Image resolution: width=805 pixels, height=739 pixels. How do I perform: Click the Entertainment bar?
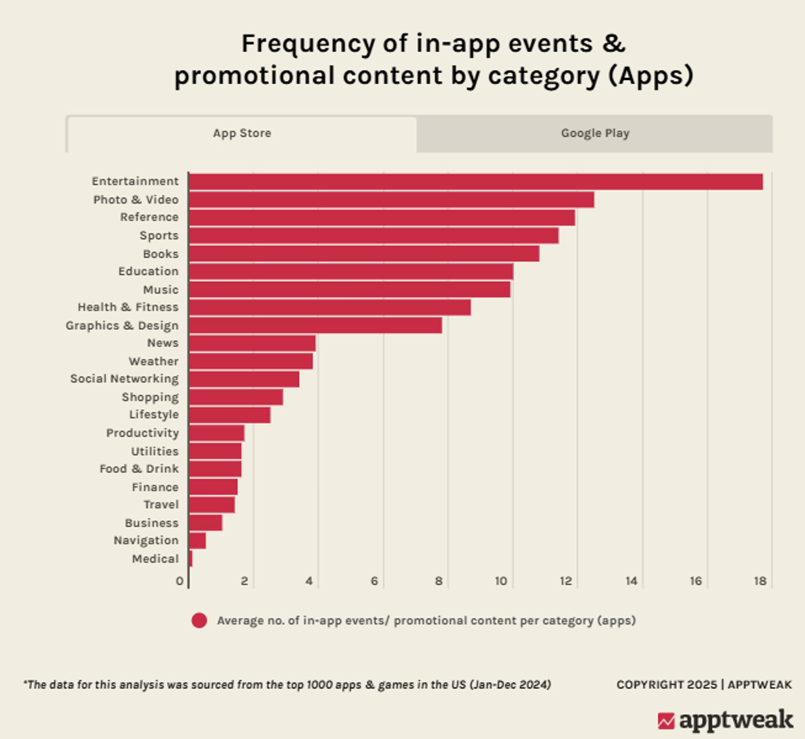pyautogui.click(x=475, y=181)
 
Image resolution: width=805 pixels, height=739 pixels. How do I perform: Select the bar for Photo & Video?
pyautogui.click(x=391, y=200)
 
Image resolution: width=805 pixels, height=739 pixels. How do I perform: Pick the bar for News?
pyautogui.click(x=252, y=343)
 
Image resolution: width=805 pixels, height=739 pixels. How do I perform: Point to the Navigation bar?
pyautogui.click(x=198, y=541)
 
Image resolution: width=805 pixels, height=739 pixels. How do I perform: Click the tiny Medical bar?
pyautogui.click(x=191, y=559)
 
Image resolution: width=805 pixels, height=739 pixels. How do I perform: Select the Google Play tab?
pyautogui.click(x=595, y=133)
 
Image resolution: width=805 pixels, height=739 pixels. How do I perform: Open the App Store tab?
pyautogui.click(x=242, y=133)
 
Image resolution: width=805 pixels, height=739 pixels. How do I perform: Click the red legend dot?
pyautogui.click(x=199, y=621)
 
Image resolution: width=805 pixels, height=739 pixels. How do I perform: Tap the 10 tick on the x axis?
pyautogui.click(x=501, y=581)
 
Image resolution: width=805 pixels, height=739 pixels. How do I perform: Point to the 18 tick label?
pyautogui.click(x=760, y=581)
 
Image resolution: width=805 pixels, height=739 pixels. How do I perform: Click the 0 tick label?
pyautogui.click(x=179, y=581)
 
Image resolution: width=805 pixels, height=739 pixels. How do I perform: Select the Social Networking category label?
pyautogui.click(x=124, y=379)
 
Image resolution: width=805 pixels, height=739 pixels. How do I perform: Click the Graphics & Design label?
pyautogui.click(x=122, y=325)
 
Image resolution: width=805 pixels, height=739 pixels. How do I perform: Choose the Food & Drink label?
pyautogui.click(x=139, y=469)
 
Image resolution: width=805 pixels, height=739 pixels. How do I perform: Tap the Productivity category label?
pyautogui.click(x=142, y=433)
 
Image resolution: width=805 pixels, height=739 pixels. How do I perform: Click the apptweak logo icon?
pyautogui.click(x=666, y=721)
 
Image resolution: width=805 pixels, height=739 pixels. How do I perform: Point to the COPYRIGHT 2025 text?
pyautogui.click(x=666, y=684)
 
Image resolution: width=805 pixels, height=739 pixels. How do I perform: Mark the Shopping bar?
pyautogui.click(x=236, y=397)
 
